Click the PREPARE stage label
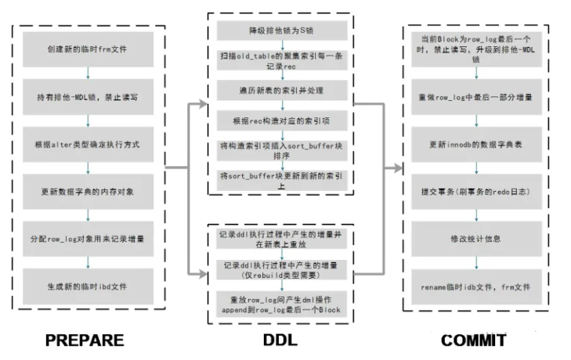pos(85,340)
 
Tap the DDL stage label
pos(280,340)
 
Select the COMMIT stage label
pos(475,340)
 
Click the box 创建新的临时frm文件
pos(87,49)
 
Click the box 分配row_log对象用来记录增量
pos(87,236)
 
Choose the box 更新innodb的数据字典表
pos(476,145)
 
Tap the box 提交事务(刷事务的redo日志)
pos(476,193)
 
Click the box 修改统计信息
pos(476,239)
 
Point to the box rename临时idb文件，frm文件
pos(476,287)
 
